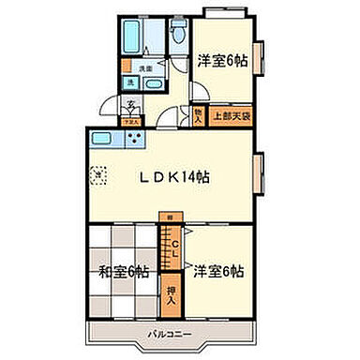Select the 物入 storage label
click(199, 115)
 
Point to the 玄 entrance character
click(132, 105)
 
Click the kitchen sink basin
click(103, 142)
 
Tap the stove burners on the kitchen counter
click(135, 141)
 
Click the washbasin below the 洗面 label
click(155, 82)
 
